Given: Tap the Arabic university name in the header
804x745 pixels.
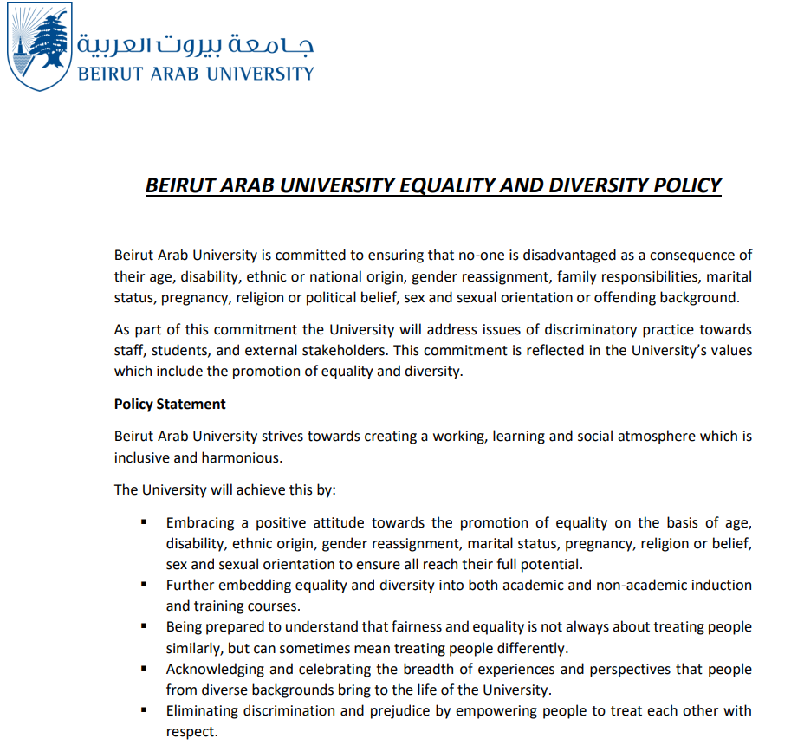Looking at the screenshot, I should pos(196,43).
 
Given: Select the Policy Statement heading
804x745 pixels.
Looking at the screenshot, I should pos(170,404).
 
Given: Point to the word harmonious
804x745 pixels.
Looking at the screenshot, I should pos(242,457).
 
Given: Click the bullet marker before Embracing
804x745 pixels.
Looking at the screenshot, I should pos(145,522).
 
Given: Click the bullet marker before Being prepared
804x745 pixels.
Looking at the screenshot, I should pos(145,626).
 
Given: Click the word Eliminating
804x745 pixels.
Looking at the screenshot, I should pos(203,710).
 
